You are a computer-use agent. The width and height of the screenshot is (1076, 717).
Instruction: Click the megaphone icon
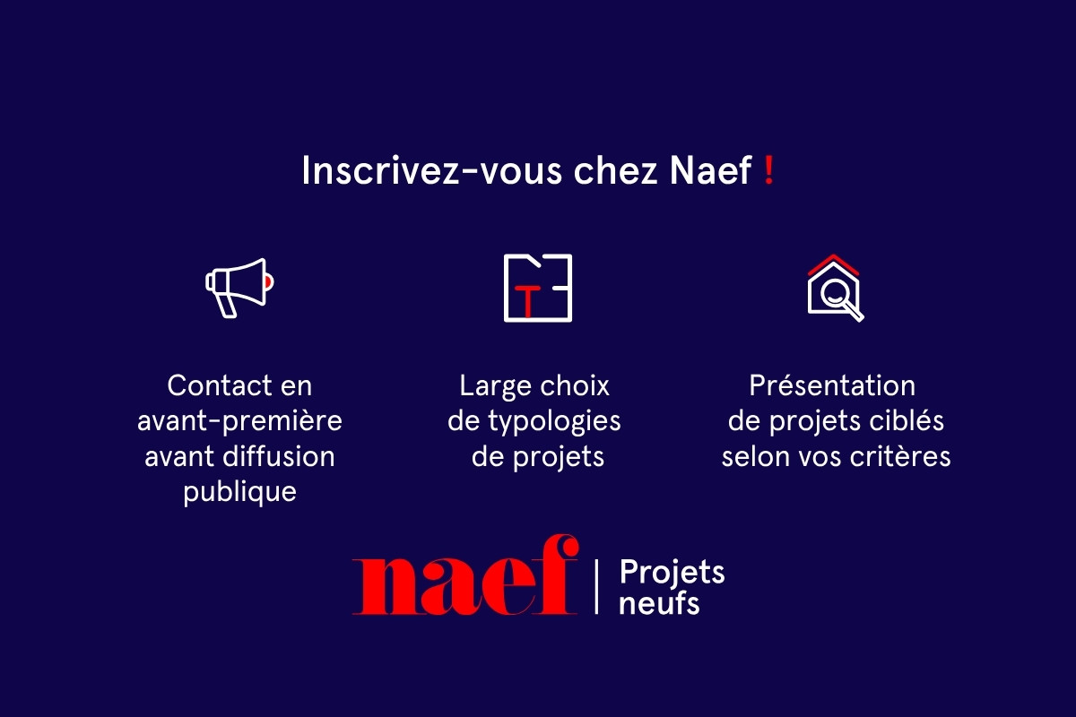point(239,287)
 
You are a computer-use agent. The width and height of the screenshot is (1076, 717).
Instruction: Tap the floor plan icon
point(537,288)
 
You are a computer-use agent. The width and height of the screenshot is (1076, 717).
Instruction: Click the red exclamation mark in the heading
point(768,171)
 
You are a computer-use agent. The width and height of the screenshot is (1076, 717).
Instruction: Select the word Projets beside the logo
point(672,572)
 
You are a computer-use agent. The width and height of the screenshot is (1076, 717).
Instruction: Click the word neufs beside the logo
point(659,602)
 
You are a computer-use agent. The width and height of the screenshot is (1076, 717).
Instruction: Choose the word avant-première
point(239,421)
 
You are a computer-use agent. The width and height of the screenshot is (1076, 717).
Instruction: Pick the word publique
point(239,492)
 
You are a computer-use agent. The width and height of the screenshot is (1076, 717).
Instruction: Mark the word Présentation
point(832,386)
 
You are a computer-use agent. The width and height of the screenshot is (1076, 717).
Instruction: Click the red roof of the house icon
point(833,263)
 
